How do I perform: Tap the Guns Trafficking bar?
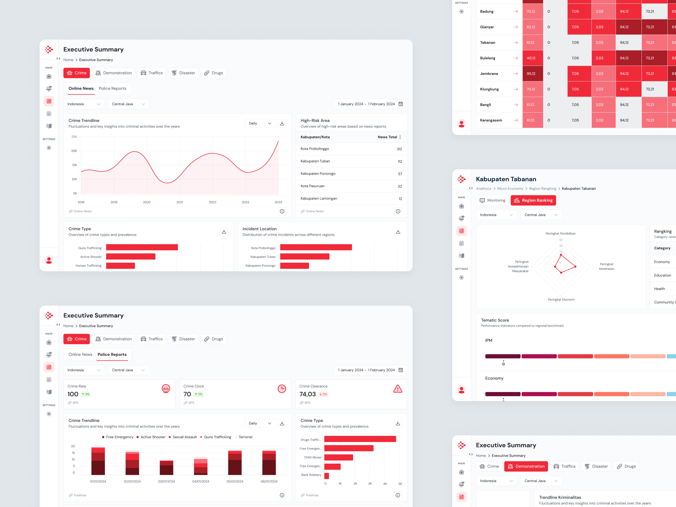(x=142, y=247)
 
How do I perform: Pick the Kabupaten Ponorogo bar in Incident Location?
(x=294, y=266)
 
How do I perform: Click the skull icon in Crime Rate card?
(x=166, y=389)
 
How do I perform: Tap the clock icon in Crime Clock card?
(x=281, y=389)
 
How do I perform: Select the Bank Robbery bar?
(x=326, y=476)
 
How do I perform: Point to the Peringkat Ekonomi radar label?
(x=561, y=299)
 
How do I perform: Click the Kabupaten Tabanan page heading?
(x=506, y=179)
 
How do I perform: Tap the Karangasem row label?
(x=491, y=120)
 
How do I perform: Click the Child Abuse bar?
(x=338, y=457)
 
